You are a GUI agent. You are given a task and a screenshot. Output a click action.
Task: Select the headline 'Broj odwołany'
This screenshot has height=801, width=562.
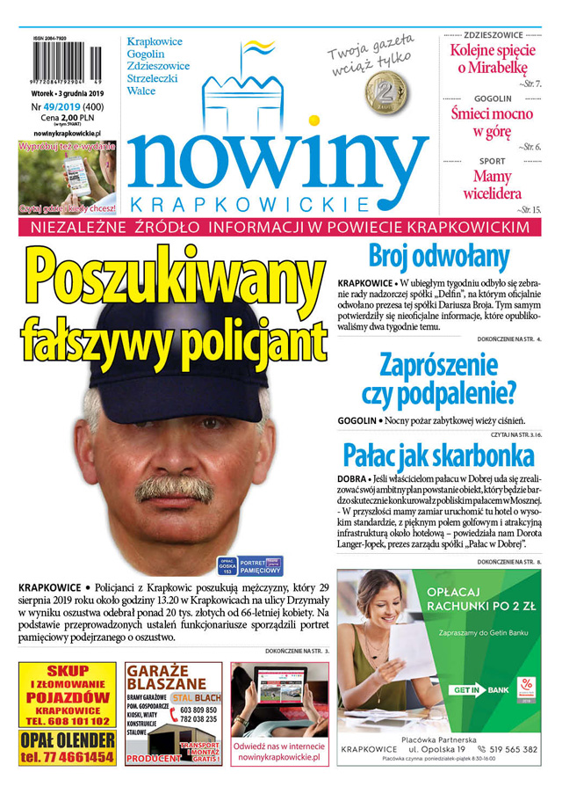coord(438,256)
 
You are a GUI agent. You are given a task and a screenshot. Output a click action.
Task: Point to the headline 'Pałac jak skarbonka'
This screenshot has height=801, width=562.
coord(438,455)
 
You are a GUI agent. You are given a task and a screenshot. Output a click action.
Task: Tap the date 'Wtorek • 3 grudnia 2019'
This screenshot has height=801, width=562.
coord(67,93)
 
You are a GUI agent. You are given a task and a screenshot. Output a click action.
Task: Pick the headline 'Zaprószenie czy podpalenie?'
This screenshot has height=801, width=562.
coord(438,377)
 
